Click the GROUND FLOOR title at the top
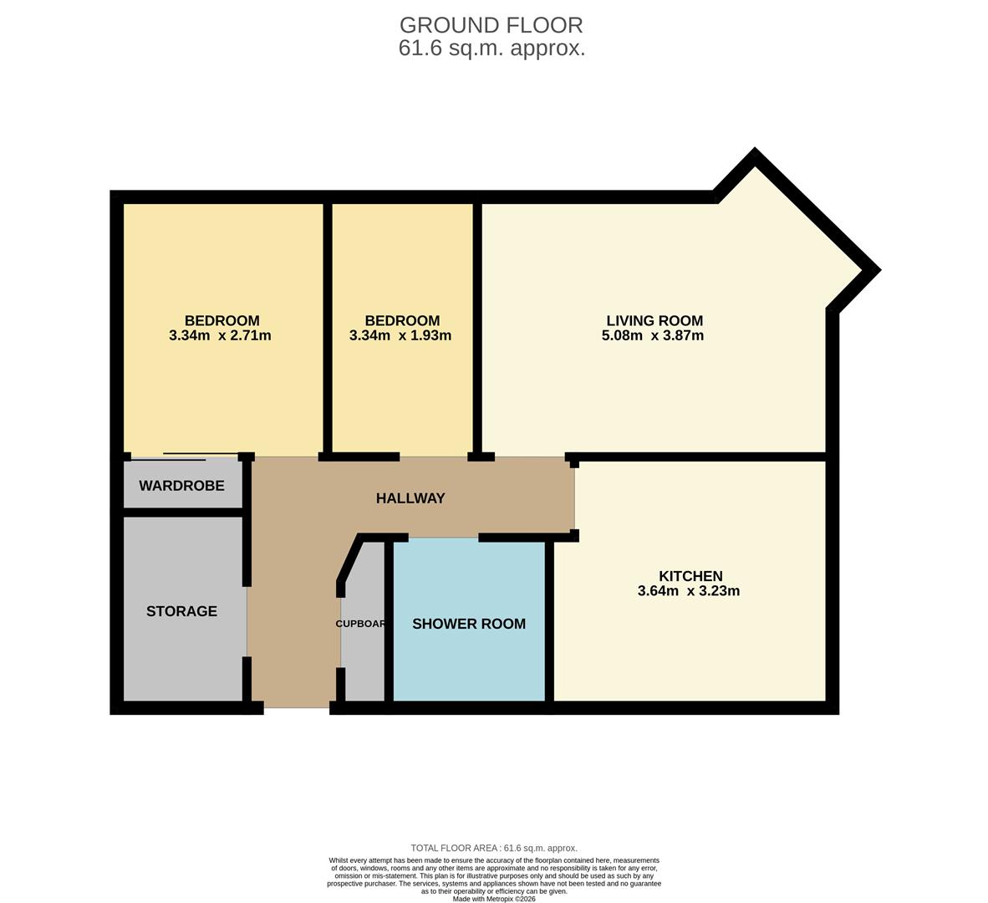[x=491, y=25]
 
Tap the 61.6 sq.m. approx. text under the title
[x=491, y=48]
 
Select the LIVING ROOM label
[x=654, y=320]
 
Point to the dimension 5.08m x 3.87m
[x=653, y=336]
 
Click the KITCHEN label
[x=690, y=576]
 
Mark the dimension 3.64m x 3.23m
[x=689, y=591]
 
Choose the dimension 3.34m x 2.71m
[x=220, y=336]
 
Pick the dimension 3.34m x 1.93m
[x=400, y=336]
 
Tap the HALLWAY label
[x=410, y=498]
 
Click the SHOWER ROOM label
[x=469, y=624]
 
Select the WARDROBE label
[x=181, y=486]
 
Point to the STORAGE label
[x=181, y=611]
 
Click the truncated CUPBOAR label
[x=360, y=624]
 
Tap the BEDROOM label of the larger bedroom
[x=222, y=320]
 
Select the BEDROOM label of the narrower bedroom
[x=402, y=320]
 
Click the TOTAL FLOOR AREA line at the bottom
[x=494, y=848]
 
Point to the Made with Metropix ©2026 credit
[x=494, y=899]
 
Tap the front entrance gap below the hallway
[x=297, y=708]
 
